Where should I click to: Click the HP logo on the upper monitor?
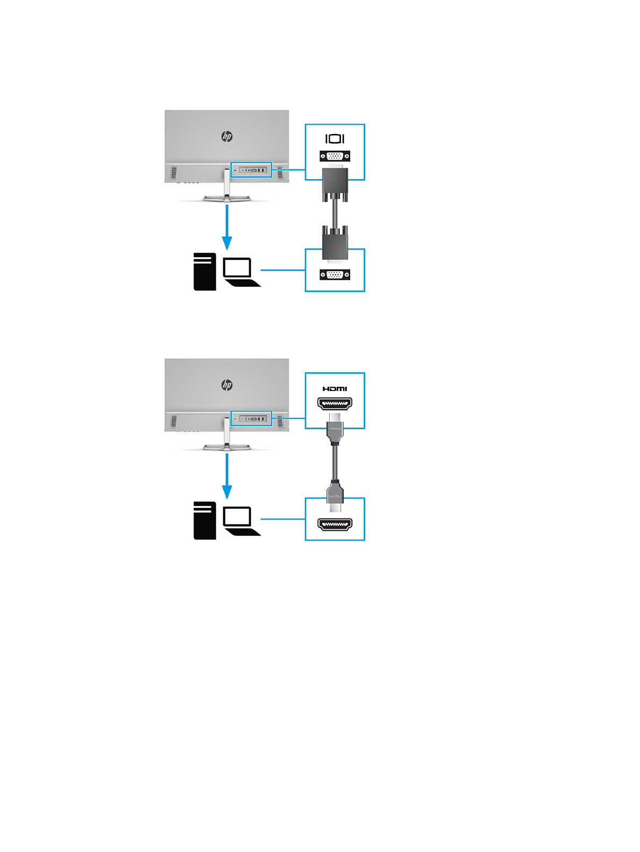point(227,137)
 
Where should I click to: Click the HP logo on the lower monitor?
point(227,385)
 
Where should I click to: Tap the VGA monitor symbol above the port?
point(335,139)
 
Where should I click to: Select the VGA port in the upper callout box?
point(335,156)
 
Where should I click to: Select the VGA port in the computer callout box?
point(335,275)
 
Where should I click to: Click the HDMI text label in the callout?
point(335,389)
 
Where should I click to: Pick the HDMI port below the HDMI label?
point(335,403)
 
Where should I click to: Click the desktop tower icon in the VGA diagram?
point(204,272)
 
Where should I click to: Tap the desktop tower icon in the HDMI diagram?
point(204,520)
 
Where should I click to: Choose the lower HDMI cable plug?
point(335,494)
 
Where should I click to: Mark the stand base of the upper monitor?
point(226,198)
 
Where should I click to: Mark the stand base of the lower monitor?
point(226,447)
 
